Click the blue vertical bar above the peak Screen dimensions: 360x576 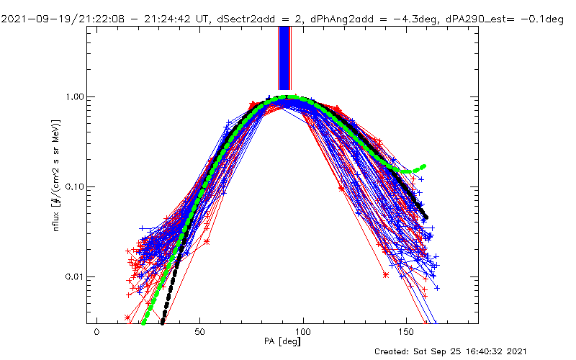[x=284, y=58]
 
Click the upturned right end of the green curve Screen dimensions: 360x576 [x=423, y=166]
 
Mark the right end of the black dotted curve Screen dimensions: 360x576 [x=426, y=217]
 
